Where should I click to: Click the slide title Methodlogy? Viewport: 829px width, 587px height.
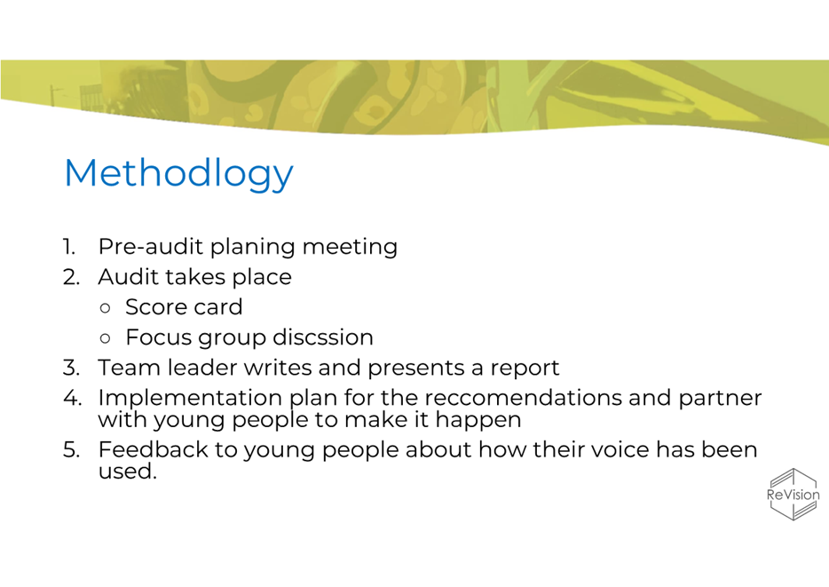178,174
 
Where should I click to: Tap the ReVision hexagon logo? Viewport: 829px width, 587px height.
793,495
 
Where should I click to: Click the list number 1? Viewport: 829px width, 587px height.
69,247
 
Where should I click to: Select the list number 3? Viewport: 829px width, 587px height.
71,368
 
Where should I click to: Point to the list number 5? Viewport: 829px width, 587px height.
71,449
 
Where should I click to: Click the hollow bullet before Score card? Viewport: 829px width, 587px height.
106,308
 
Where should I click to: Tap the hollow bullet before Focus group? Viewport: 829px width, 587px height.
106,338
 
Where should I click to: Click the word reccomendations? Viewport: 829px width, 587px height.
523,398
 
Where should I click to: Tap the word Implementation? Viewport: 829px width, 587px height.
190,398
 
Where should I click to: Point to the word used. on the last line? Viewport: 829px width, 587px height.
128,472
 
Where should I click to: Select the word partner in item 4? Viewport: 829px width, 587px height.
720,399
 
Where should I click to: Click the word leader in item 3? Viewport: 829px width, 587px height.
202,368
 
